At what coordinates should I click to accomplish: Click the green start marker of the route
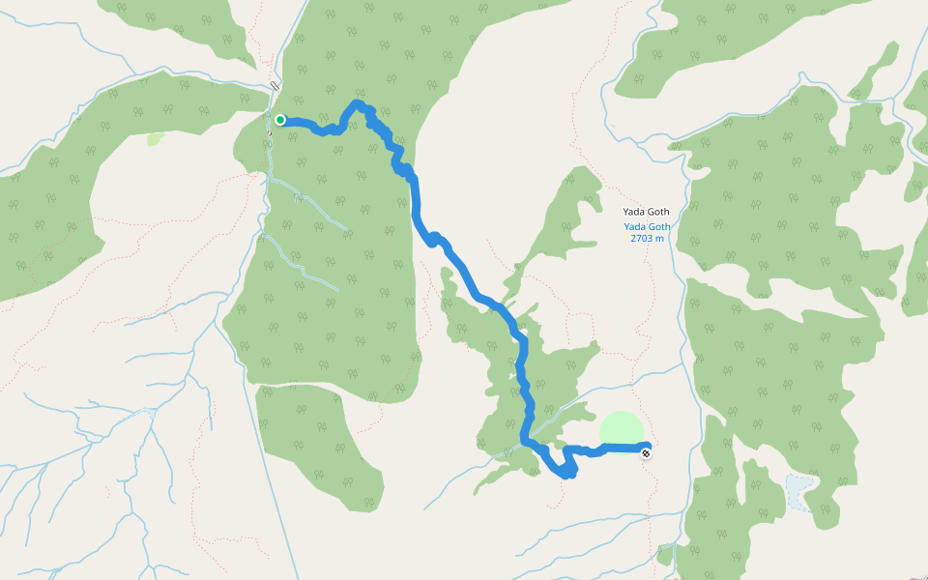click(x=279, y=120)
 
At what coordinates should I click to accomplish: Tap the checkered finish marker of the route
click(x=646, y=452)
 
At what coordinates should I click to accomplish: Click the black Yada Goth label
click(x=647, y=212)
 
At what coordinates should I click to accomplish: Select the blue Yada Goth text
click(x=647, y=227)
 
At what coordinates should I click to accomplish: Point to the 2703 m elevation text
click(x=647, y=238)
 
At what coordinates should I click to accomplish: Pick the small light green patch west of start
click(x=155, y=139)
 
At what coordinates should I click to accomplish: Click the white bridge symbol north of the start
click(x=275, y=86)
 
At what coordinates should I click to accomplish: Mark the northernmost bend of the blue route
click(x=359, y=102)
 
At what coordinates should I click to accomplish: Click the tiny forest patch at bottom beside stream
click(x=664, y=555)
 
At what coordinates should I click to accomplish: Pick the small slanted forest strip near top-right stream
click(x=860, y=85)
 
